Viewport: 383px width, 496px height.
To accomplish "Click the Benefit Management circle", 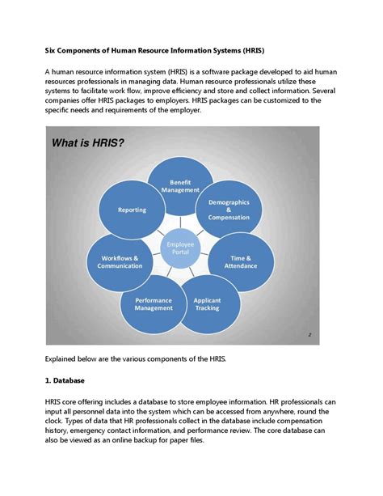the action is click(x=180, y=185).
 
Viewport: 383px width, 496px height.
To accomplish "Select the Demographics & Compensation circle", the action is click(x=229, y=210).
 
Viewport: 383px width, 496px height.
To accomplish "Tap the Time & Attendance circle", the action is click(x=240, y=261).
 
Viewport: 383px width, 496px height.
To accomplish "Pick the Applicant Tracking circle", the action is click(x=207, y=304).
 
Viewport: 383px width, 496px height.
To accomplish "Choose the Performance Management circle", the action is click(x=153, y=303).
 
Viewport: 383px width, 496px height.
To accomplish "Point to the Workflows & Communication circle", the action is click(x=120, y=261).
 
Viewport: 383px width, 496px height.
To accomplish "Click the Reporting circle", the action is click(x=132, y=210).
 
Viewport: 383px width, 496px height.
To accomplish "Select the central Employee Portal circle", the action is click(x=179, y=247).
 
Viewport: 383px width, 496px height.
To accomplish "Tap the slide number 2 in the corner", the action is click(x=309, y=334).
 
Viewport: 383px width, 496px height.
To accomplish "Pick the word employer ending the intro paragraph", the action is click(x=179, y=109).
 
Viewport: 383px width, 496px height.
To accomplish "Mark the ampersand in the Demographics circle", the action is click(x=229, y=210).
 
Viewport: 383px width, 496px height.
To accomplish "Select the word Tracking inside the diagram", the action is click(x=207, y=308).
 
